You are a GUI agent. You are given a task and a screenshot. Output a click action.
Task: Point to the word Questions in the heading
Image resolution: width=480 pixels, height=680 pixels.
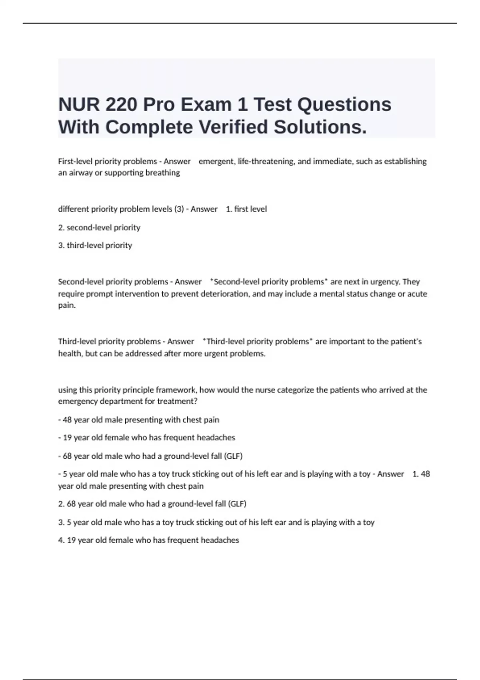click(344, 105)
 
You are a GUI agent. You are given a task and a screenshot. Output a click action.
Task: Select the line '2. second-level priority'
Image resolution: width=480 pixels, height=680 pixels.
click(99, 228)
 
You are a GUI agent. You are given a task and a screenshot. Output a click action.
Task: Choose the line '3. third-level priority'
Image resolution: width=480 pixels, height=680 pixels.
click(95, 245)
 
